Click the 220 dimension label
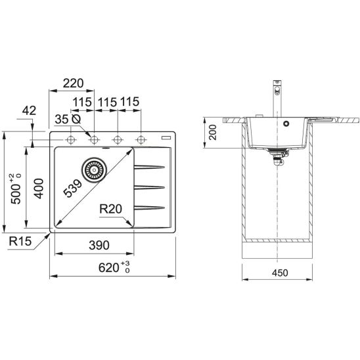73,83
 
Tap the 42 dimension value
29,110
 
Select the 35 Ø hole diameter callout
68,119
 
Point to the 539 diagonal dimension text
72,189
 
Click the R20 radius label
110,209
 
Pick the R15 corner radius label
20,241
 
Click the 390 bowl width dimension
99,245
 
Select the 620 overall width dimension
114,267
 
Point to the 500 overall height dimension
16,189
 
